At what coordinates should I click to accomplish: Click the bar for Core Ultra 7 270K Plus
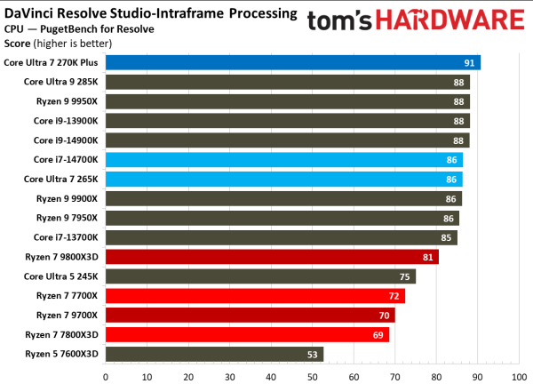tap(293, 62)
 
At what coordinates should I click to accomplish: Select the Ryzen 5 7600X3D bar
tap(214, 355)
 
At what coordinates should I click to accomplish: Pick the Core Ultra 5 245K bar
tap(260, 276)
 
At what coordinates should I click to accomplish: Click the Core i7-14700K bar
tap(283, 160)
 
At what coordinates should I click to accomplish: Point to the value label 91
tap(468, 62)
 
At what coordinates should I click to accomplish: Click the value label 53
tap(311, 355)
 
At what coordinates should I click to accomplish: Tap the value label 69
tap(378, 335)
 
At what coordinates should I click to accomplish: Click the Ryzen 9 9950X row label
tap(68, 101)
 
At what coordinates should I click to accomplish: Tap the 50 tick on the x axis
tap(313, 375)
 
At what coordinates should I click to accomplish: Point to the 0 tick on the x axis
tap(106, 375)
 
